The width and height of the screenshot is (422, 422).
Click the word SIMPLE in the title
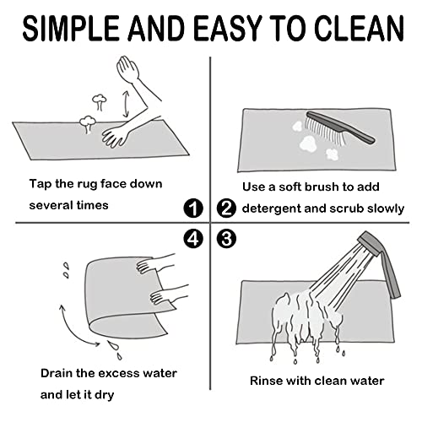[71, 28]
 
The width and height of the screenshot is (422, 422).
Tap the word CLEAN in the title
[359, 28]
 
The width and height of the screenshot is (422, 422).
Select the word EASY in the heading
[228, 28]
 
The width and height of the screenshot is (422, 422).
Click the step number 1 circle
[193, 208]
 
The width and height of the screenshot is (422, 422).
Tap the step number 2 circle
[226, 208]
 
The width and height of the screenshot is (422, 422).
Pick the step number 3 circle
[226, 239]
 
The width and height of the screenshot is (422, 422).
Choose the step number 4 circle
[193, 239]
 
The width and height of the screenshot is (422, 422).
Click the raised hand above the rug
[127, 68]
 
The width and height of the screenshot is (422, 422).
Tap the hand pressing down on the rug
[115, 137]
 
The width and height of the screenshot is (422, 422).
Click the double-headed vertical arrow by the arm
[126, 104]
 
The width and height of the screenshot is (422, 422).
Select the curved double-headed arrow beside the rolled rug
[69, 331]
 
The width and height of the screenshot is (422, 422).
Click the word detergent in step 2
[272, 208]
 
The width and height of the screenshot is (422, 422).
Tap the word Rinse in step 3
[266, 381]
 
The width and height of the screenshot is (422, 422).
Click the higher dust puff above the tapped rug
[100, 101]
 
